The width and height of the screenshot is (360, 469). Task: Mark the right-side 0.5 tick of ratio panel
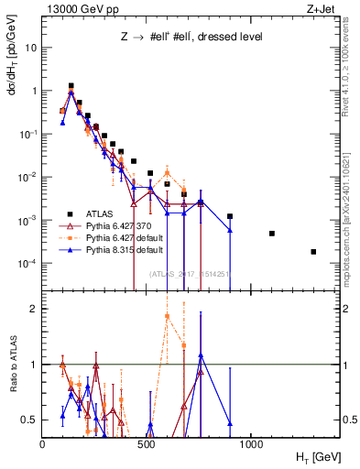pyautogui.click(x=347, y=420)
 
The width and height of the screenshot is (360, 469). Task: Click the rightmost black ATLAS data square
pyautogui.click(x=313, y=252)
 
